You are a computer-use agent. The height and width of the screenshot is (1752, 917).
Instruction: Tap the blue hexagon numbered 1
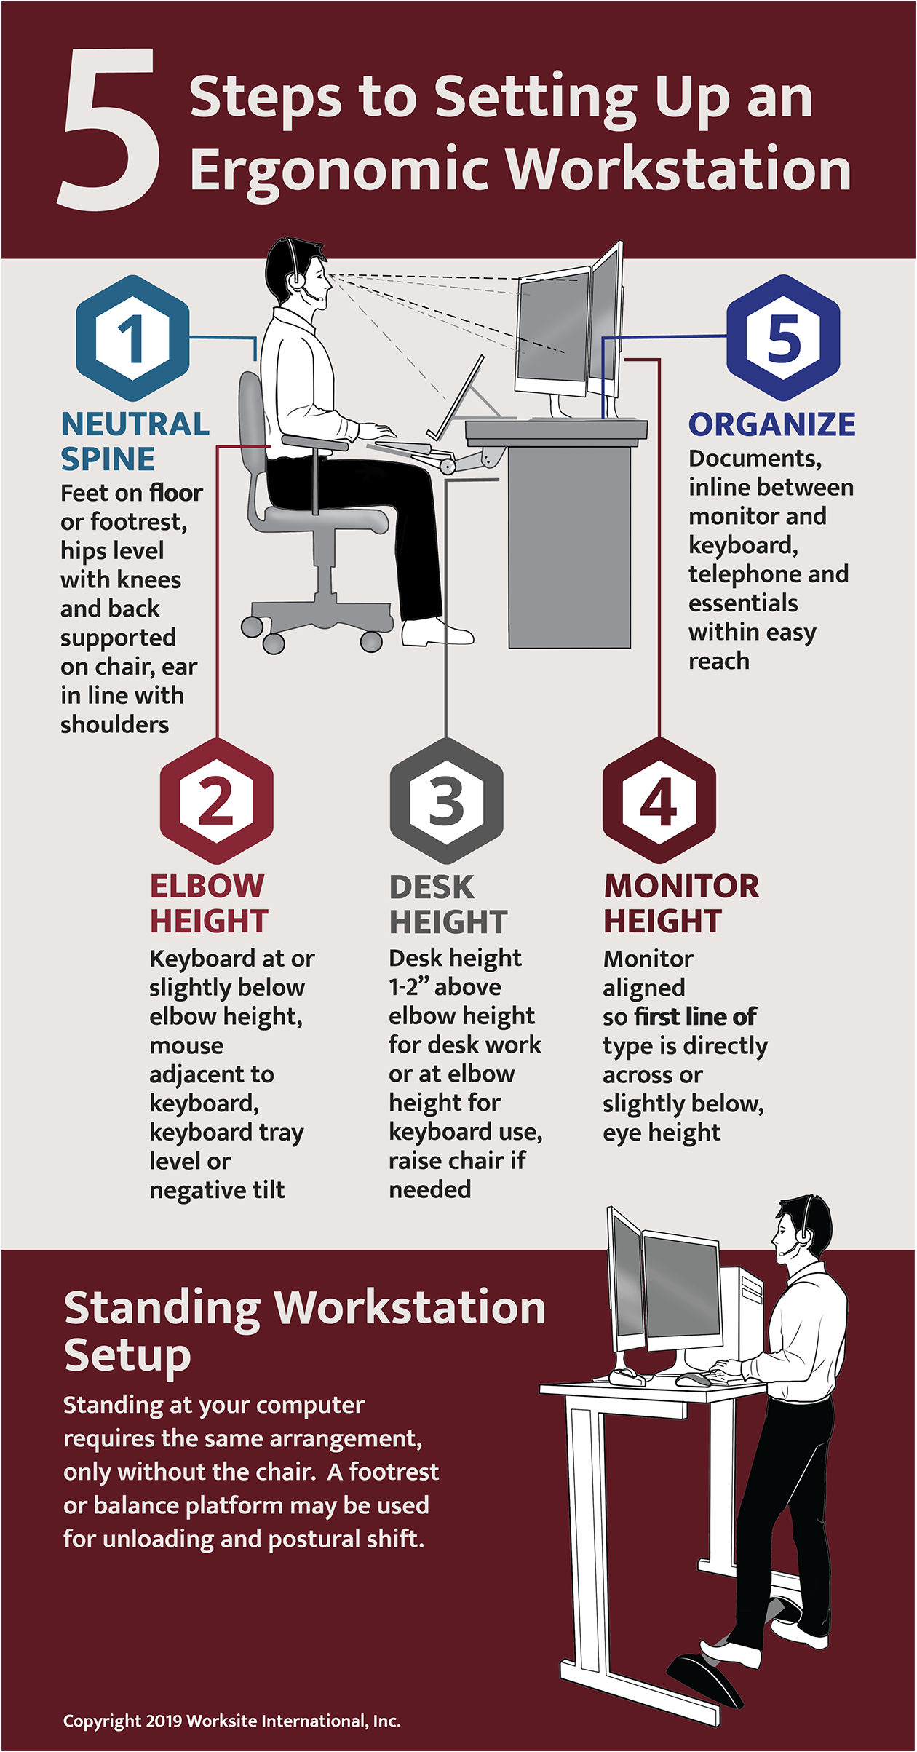132,338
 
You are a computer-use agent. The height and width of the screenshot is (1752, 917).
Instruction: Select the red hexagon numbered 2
216,801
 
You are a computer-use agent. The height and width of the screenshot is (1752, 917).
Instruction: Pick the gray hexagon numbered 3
446,801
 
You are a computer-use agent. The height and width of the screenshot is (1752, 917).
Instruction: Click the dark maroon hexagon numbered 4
659,801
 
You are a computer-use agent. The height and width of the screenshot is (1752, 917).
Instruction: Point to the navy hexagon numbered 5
783,338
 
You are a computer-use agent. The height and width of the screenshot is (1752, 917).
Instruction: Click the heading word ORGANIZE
772,424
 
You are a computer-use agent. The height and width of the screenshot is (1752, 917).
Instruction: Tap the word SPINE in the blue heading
108,459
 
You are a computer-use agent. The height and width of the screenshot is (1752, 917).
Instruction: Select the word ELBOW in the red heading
207,887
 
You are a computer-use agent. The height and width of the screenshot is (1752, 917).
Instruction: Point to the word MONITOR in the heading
682,887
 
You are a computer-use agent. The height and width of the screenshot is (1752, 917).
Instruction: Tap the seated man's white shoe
437,633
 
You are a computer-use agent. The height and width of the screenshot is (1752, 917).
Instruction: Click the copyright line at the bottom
231,1721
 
